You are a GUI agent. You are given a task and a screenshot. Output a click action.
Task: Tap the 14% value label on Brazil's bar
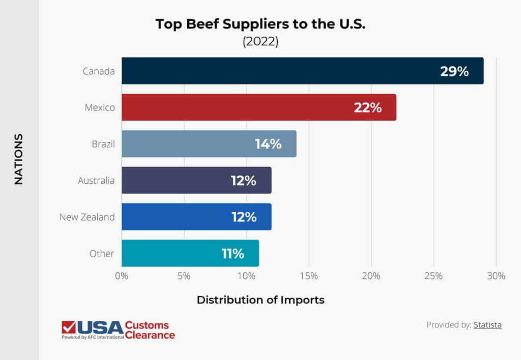(x=268, y=144)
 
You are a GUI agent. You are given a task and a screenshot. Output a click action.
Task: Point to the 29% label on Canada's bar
(x=454, y=71)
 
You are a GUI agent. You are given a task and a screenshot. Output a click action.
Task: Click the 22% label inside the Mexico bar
(x=367, y=108)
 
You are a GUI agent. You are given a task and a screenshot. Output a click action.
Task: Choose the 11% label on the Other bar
(x=233, y=254)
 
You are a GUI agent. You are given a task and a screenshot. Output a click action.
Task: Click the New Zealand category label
(x=87, y=217)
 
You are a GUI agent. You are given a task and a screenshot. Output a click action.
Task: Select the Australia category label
(x=96, y=181)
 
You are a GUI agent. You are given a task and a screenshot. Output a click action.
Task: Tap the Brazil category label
(x=103, y=144)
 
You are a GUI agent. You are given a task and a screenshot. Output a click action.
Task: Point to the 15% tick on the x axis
(x=309, y=276)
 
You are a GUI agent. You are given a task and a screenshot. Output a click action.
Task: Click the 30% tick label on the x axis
(x=496, y=276)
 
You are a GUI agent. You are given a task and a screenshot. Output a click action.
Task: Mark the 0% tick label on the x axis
(x=122, y=276)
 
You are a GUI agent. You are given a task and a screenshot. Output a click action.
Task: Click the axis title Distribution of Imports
(x=260, y=300)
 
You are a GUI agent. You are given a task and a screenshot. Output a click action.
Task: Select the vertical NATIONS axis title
(x=19, y=159)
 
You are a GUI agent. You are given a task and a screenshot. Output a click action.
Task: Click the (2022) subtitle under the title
(x=260, y=41)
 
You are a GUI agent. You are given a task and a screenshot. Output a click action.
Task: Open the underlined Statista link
(x=487, y=325)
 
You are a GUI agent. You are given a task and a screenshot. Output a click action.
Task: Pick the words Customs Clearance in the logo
(x=150, y=330)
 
